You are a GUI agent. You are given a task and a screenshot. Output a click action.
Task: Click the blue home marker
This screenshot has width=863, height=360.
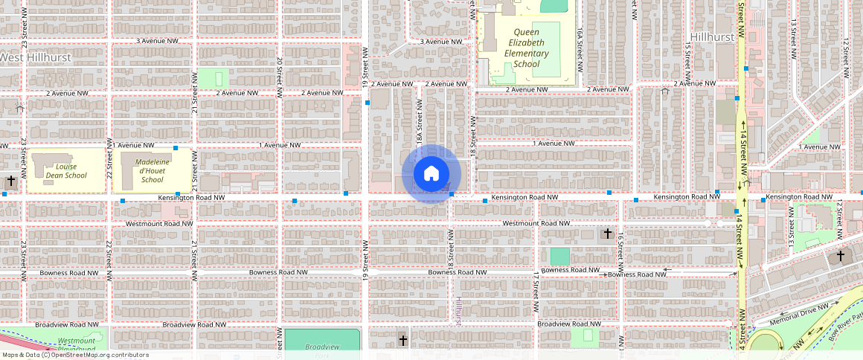[x=431, y=174]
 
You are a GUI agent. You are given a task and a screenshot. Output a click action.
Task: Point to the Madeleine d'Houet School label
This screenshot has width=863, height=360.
[x=152, y=170]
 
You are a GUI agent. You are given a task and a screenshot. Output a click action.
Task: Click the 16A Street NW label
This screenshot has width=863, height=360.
[x=580, y=45]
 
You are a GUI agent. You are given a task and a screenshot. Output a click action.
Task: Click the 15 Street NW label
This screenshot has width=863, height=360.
[x=688, y=59]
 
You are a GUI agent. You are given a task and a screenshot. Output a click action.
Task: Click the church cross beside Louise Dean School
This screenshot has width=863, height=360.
[x=11, y=181]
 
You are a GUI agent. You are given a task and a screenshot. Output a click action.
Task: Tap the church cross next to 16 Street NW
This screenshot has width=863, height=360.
[x=607, y=234]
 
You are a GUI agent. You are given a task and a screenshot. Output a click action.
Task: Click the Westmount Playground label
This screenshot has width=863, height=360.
[x=77, y=345]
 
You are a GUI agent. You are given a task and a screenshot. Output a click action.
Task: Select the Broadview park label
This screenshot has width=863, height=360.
[x=322, y=347]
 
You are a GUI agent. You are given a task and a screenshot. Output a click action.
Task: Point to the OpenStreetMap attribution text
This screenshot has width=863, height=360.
[x=75, y=355]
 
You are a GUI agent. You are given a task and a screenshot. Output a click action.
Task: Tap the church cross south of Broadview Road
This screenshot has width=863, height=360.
[x=403, y=341]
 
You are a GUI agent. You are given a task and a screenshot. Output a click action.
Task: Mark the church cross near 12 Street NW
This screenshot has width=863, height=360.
[x=841, y=255]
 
